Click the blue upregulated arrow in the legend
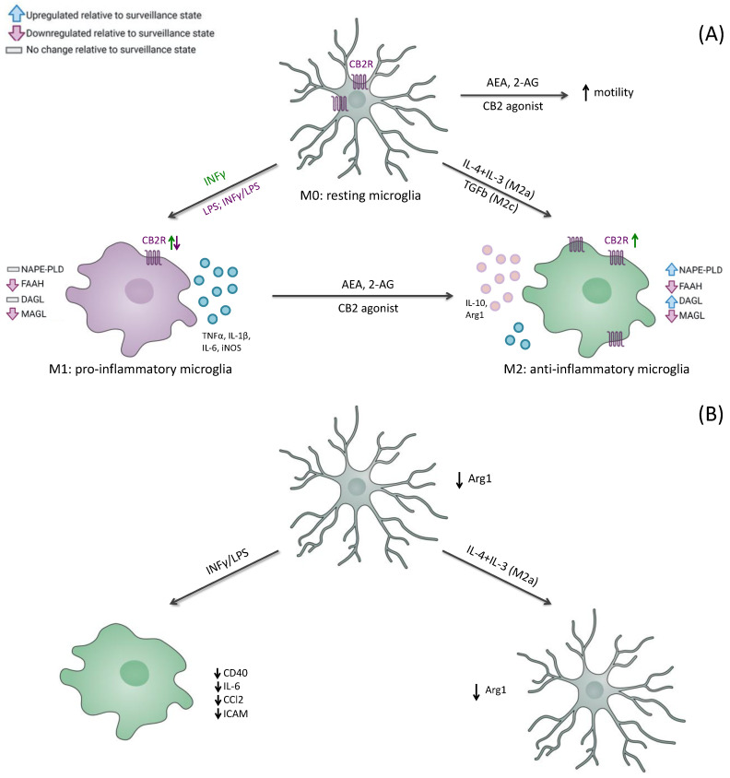pyautogui.click(x=17, y=14)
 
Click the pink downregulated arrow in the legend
pyautogui.click(x=17, y=33)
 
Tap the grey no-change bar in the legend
pyautogui.click(x=14, y=50)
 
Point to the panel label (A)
pyautogui.click(x=711, y=35)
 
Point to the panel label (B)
pyautogui.click(x=711, y=414)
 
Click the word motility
pyautogui.click(x=613, y=92)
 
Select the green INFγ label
pyautogui.click(x=215, y=177)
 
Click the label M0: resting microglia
pyautogui.click(x=360, y=195)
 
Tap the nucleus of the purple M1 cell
pyautogui.click(x=139, y=290)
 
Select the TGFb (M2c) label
pyautogui.click(x=490, y=196)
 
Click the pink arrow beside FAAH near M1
pyautogui.click(x=12, y=284)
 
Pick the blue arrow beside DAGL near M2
pyautogui.click(x=671, y=301)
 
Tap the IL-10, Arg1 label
pyautogui.click(x=476, y=309)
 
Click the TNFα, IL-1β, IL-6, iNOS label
pyautogui.click(x=227, y=342)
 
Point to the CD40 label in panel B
pyautogui.click(x=235, y=673)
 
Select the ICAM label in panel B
pyautogui.click(x=235, y=713)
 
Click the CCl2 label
pyautogui.click(x=233, y=700)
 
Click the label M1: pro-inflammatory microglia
pyautogui.click(x=140, y=369)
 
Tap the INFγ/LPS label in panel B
pyautogui.click(x=228, y=561)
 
